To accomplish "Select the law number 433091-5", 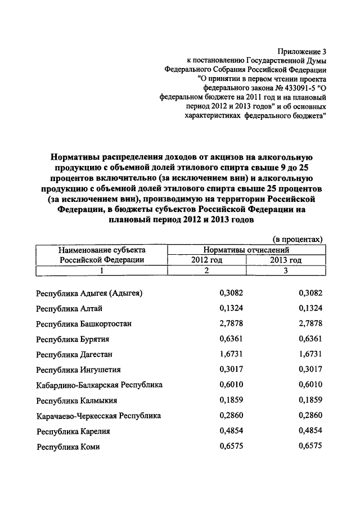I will click(x=292, y=87).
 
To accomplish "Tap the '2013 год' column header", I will click(x=286, y=260).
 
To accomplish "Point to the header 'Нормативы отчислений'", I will click(x=246, y=249).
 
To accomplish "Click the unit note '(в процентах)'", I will click(x=298, y=239).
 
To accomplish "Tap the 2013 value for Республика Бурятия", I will click(x=310, y=339).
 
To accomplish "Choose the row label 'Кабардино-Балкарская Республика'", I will click(x=99, y=385).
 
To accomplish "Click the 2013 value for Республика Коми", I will click(x=310, y=447).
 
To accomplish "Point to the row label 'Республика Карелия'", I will click(x=73, y=431).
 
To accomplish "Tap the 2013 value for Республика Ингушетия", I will click(x=310, y=370).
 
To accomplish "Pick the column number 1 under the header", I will click(x=102, y=271).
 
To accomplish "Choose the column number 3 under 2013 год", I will click(x=286, y=271).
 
